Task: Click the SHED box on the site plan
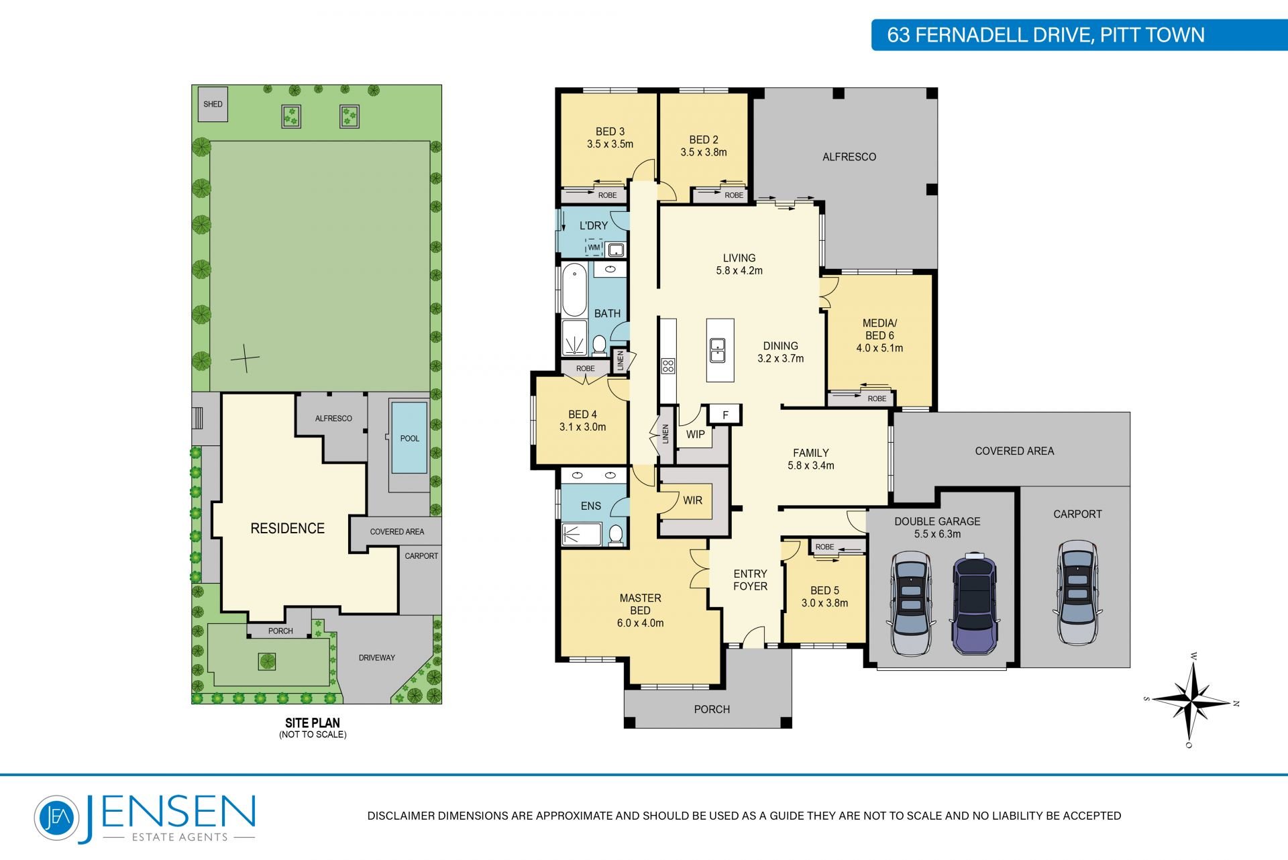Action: [x=213, y=104]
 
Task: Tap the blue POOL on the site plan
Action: [x=409, y=437]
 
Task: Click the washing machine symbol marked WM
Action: [x=594, y=248]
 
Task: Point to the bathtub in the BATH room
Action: [x=574, y=290]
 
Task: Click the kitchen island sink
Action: [x=717, y=350]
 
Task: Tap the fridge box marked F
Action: [x=725, y=415]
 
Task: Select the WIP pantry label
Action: [x=695, y=434]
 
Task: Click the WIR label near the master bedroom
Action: [x=692, y=500]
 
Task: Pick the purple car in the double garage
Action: [x=975, y=604]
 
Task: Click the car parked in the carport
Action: [x=1077, y=592]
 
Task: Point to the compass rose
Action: [x=1191, y=702]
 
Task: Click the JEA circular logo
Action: [x=56, y=817]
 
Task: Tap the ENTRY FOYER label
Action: [x=750, y=580]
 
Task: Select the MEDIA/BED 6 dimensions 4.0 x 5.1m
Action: [x=879, y=348]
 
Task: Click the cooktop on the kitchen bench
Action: [x=667, y=366]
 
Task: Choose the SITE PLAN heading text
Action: [x=313, y=722]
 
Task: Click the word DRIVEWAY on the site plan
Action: [x=377, y=657]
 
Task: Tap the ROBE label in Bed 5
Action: [x=824, y=547]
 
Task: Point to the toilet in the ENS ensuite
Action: [x=616, y=534]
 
